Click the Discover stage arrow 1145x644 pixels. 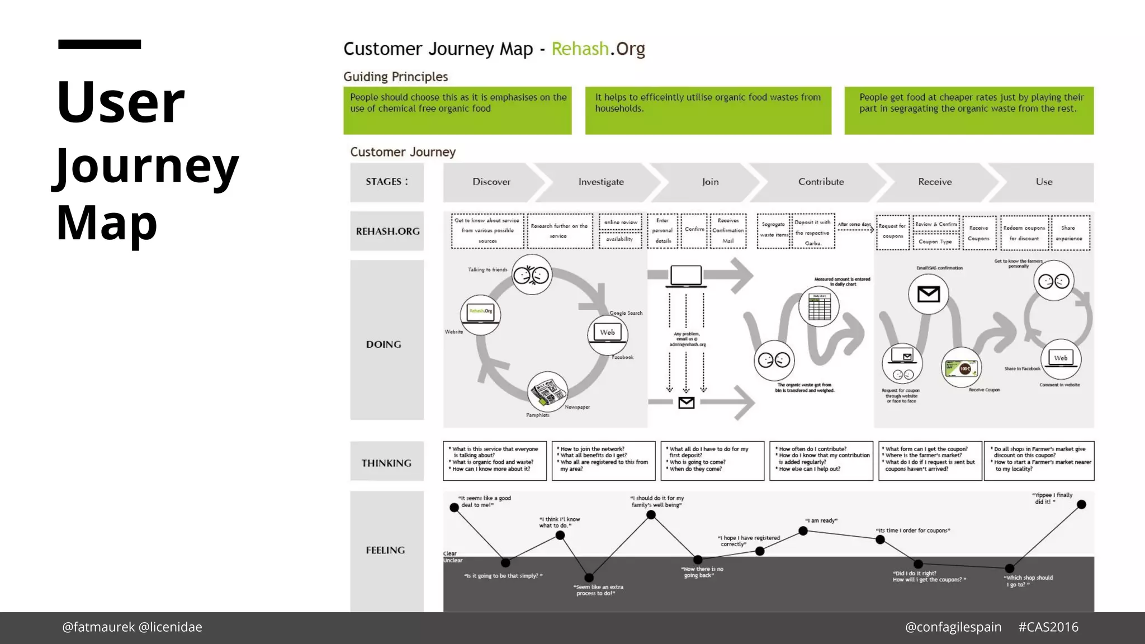[491, 182]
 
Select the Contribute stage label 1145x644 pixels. [821, 182]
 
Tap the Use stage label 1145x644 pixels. [1043, 182]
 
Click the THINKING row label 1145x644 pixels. [386, 463]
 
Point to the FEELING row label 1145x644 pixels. [385, 551]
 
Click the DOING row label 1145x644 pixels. [384, 345]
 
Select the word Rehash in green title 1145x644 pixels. [580, 49]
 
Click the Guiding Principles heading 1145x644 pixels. [395, 77]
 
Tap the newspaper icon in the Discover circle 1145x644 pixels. [547, 391]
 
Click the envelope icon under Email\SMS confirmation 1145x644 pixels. [928, 294]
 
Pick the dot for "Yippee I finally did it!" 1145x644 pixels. [1081, 505]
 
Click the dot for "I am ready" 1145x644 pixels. [803, 531]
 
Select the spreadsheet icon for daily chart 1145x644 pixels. [819, 306]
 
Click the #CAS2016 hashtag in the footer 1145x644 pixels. [1048, 627]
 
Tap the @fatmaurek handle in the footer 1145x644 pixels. [98, 627]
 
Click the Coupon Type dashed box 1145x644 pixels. [935, 242]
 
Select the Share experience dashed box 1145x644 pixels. [1069, 233]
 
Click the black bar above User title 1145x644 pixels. [100, 44]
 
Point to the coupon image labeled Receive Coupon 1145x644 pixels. [961, 368]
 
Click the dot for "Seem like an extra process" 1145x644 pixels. [589, 577]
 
